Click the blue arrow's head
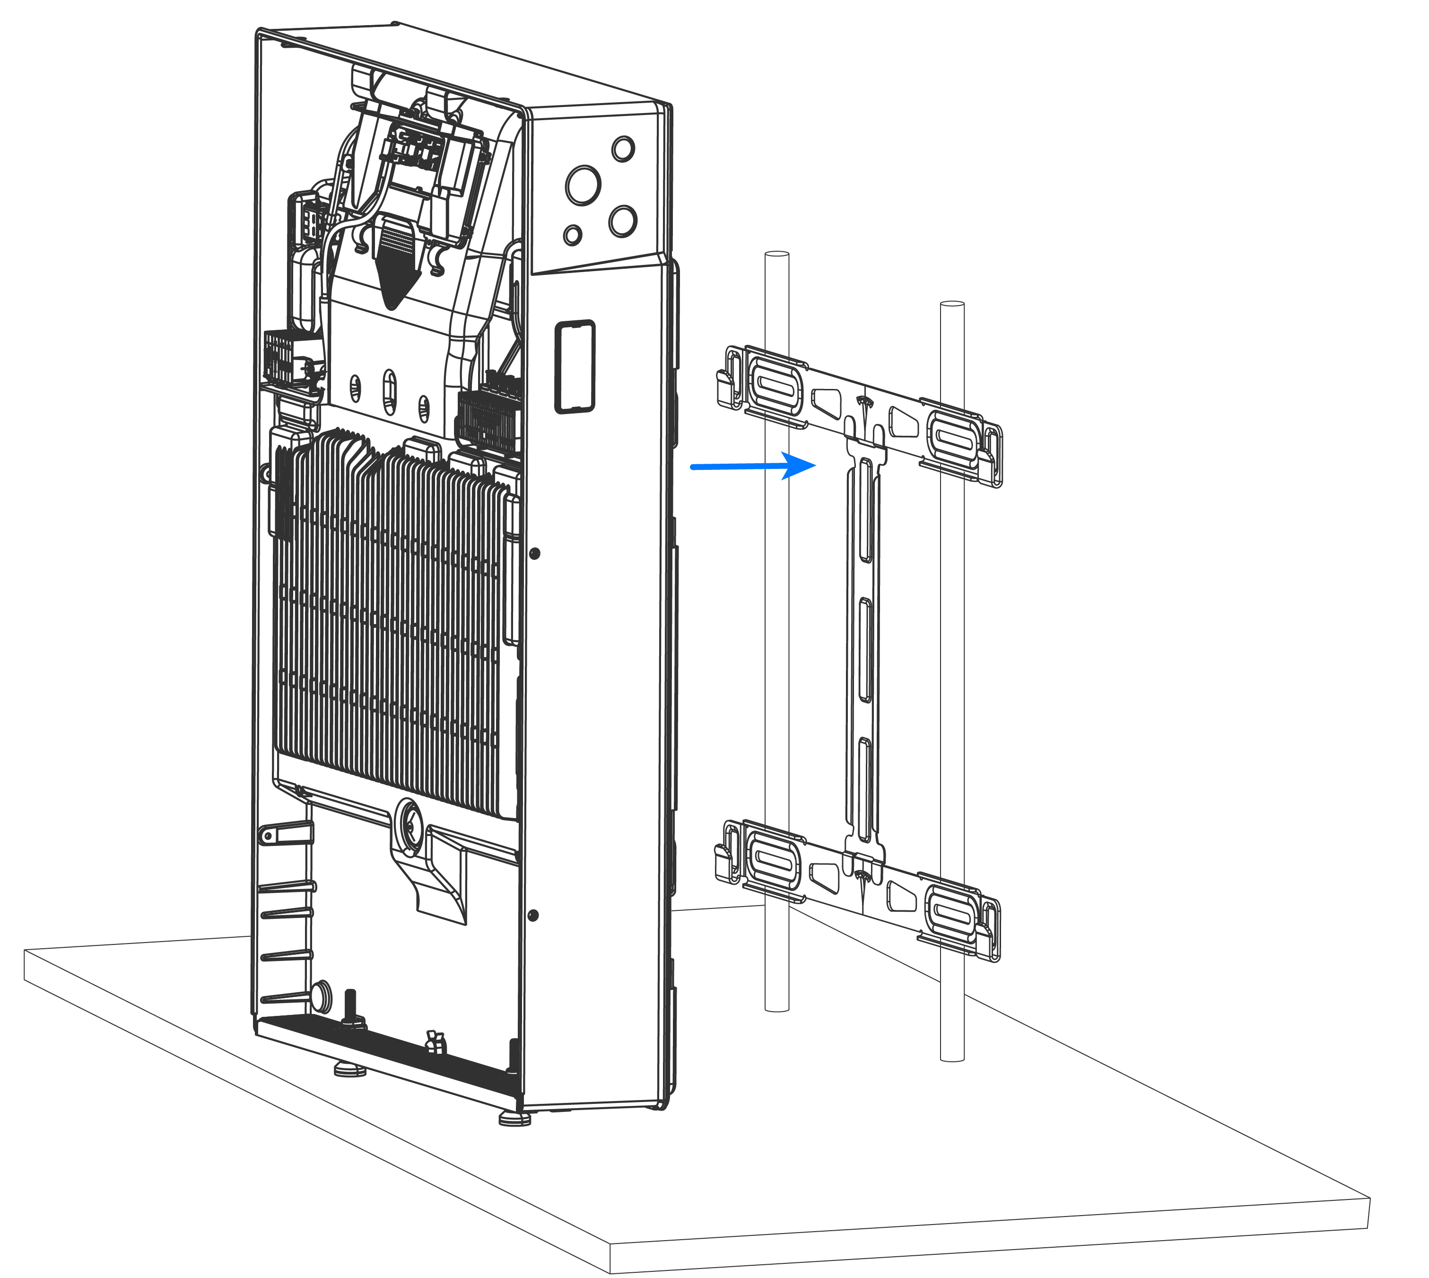[x=800, y=465]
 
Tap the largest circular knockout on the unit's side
[x=583, y=185]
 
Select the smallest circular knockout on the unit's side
[x=573, y=235]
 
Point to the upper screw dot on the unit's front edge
[x=534, y=553]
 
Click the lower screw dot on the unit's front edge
[x=533, y=915]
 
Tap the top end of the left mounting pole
[x=777, y=254]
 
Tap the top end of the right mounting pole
[x=952, y=304]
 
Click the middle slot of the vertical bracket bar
[x=865, y=650]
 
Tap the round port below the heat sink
[x=409, y=818]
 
